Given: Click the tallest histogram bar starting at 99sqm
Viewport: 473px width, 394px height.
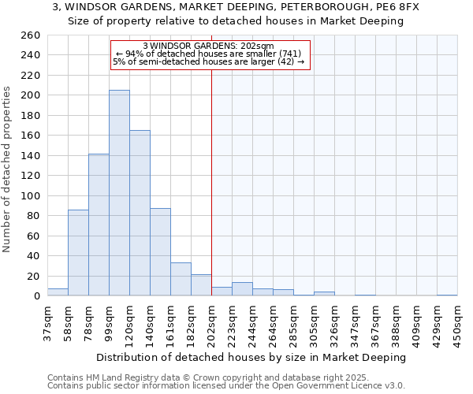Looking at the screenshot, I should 119,193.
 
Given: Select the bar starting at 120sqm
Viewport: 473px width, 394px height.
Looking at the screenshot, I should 140,213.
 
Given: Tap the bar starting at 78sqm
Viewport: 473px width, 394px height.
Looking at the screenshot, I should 99,225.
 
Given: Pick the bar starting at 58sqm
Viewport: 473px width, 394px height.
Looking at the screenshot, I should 78,252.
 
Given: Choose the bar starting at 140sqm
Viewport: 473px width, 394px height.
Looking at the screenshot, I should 160,252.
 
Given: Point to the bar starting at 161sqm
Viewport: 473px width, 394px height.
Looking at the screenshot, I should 181,279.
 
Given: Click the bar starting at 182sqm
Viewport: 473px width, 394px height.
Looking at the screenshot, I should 201,285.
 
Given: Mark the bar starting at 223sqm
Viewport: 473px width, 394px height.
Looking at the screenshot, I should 242,289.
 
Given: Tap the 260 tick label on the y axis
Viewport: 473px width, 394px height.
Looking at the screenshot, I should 30,35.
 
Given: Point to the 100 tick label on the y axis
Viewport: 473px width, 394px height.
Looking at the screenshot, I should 30,195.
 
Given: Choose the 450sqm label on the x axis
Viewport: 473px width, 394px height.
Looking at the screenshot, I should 457,323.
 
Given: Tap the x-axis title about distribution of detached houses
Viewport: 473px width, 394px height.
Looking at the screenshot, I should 255,357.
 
